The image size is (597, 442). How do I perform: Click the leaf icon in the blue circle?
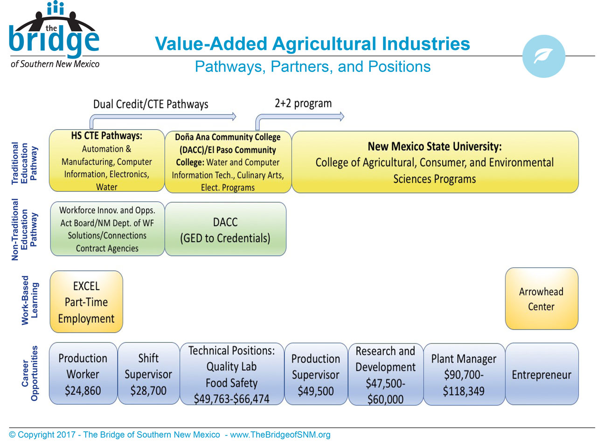[543, 56]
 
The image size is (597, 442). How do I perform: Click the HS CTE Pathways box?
[107, 161]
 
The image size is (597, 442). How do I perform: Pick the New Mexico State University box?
[435, 162]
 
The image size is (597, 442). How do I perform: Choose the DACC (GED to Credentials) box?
[225, 229]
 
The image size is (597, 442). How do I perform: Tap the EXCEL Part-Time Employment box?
[86, 302]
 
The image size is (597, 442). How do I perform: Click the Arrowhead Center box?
[541, 298]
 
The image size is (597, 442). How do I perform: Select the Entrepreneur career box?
[542, 374]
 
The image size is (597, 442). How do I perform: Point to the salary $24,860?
[83, 391]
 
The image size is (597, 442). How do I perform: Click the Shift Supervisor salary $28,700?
[149, 391]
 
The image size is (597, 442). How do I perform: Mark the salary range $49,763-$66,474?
[231, 399]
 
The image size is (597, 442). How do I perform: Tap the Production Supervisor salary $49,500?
[316, 391]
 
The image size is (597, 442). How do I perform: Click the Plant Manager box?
[464, 374]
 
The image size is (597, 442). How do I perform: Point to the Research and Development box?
[385, 374]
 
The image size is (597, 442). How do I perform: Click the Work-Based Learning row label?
[29, 300]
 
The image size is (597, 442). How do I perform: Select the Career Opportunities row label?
[29, 373]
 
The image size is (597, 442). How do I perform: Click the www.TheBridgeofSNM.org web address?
[280, 435]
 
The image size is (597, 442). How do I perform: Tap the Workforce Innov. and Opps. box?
[107, 229]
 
